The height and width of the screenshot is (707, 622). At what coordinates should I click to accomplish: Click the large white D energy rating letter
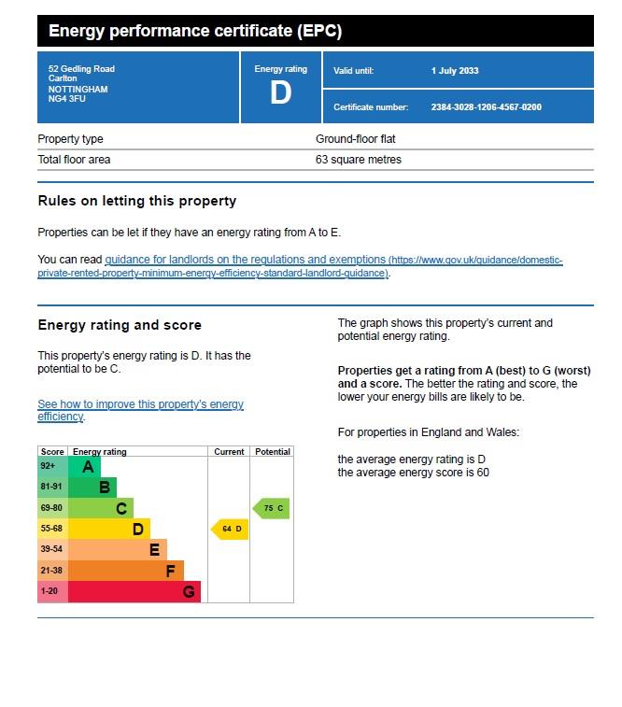280,93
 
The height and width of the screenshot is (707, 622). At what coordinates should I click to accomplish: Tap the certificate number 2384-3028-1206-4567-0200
486,107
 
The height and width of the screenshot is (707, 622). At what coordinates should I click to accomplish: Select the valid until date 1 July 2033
455,71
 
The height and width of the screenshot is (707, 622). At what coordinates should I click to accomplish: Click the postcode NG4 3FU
65,98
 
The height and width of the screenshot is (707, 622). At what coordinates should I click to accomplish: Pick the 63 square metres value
358,160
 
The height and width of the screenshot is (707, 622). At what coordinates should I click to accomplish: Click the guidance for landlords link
246,260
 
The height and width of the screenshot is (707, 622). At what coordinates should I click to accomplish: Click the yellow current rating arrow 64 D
230,530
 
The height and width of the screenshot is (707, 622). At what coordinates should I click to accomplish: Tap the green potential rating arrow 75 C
271,509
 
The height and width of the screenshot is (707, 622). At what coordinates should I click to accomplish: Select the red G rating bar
134,591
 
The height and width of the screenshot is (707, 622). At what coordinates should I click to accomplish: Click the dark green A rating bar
84,466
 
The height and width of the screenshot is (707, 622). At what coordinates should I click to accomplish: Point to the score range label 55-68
51,529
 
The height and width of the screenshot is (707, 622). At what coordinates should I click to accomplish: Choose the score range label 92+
48,466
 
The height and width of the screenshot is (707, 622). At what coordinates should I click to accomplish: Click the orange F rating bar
125,571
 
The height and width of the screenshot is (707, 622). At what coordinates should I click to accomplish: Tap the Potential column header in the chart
273,452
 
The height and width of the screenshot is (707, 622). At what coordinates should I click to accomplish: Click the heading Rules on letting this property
137,201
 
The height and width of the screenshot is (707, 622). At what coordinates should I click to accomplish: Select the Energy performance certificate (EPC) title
195,31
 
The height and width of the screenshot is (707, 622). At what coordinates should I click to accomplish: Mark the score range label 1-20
49,591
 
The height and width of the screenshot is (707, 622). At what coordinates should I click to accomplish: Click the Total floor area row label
74,160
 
